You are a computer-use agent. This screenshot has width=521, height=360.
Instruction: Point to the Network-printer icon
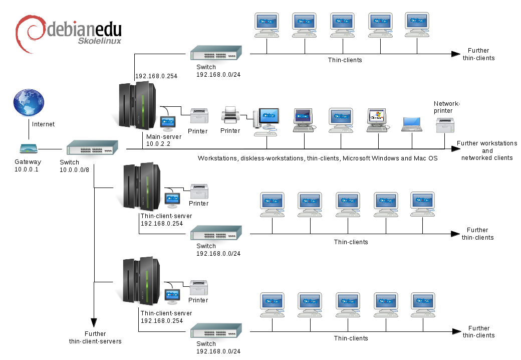(445, 125)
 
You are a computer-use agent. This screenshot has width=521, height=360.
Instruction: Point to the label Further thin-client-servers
(95, 337)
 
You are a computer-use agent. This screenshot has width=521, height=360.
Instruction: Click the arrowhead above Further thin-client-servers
(94, 322)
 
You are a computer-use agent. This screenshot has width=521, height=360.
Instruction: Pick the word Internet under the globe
(43, 124)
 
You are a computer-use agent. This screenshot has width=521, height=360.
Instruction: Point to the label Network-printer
(446, 107)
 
